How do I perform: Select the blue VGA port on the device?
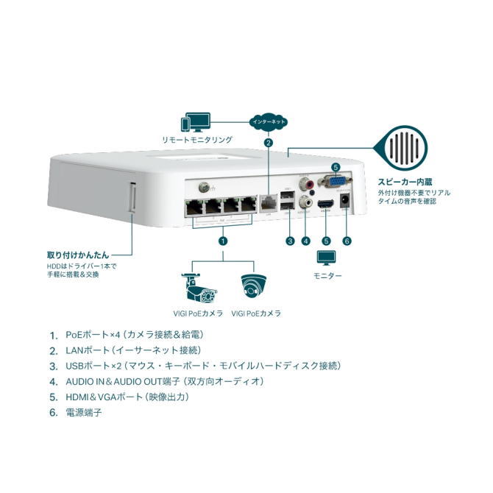coord(336,181)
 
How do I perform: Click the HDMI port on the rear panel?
coord(326,205)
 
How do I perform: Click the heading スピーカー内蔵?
coord(405,181)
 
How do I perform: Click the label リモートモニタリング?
coord(197,139)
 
